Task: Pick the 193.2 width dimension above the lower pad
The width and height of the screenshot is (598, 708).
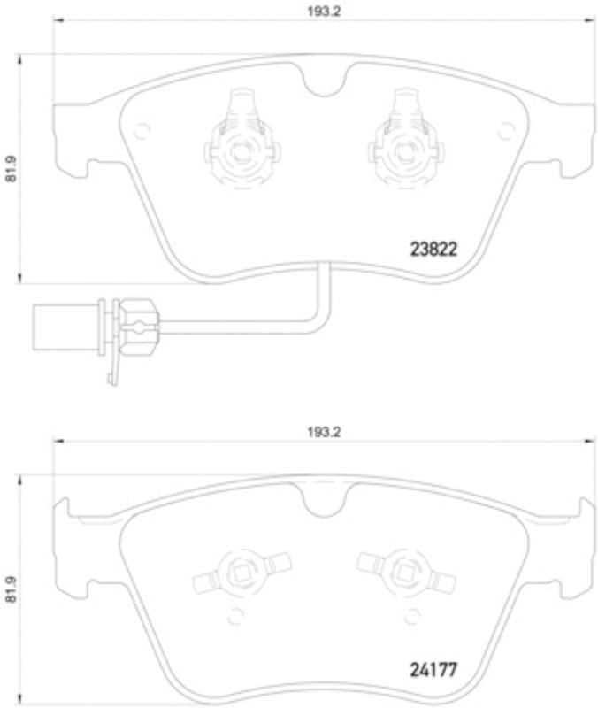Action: (324, 432)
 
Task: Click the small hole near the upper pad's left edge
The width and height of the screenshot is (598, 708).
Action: (139, 131)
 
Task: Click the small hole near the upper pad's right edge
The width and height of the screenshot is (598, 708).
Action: (505, 131)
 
